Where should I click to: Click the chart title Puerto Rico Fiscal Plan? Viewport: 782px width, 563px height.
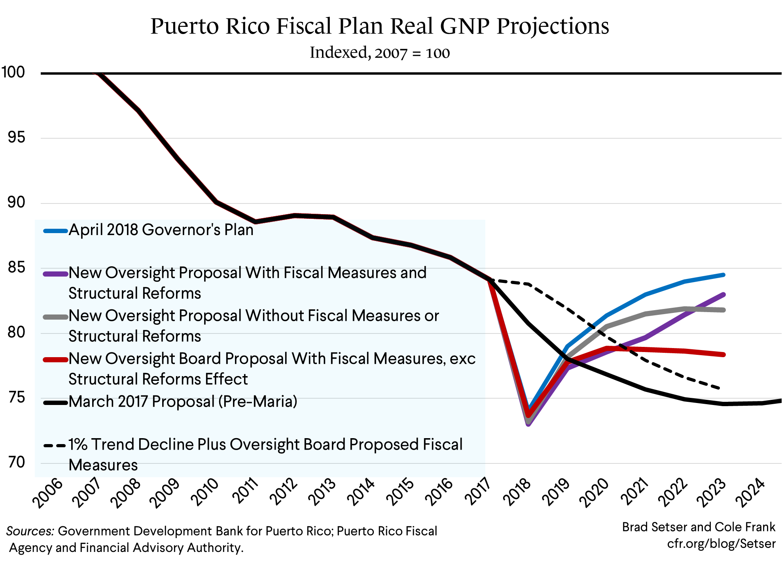pyautogui.click(x=379, y=26)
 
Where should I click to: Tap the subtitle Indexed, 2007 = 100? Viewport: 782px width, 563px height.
pyautogui.click(x=379, y=53)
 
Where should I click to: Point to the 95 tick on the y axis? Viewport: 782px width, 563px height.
pyautogui.click(x=16, y=137)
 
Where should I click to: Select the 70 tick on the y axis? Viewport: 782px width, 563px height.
pyautogui.click(x=16, y=462)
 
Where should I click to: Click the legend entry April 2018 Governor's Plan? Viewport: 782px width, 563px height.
pyautogui.click(x=161, y=230)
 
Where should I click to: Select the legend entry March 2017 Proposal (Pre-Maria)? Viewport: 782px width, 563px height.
pyautogui.click(x=182, y=402)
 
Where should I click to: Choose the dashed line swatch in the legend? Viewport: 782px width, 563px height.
pyautogui.click(x=55, y=446)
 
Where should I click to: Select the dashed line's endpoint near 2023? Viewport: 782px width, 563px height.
pyautogui.click(x=719, y=388)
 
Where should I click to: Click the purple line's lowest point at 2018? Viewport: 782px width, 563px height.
pyautogui.click(x=528, y=424)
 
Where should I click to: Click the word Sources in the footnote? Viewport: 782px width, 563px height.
pyautogui.click(x=30, y=531)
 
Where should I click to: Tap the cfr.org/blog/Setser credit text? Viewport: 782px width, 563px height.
pyautogui.click(x=721, y=544)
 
